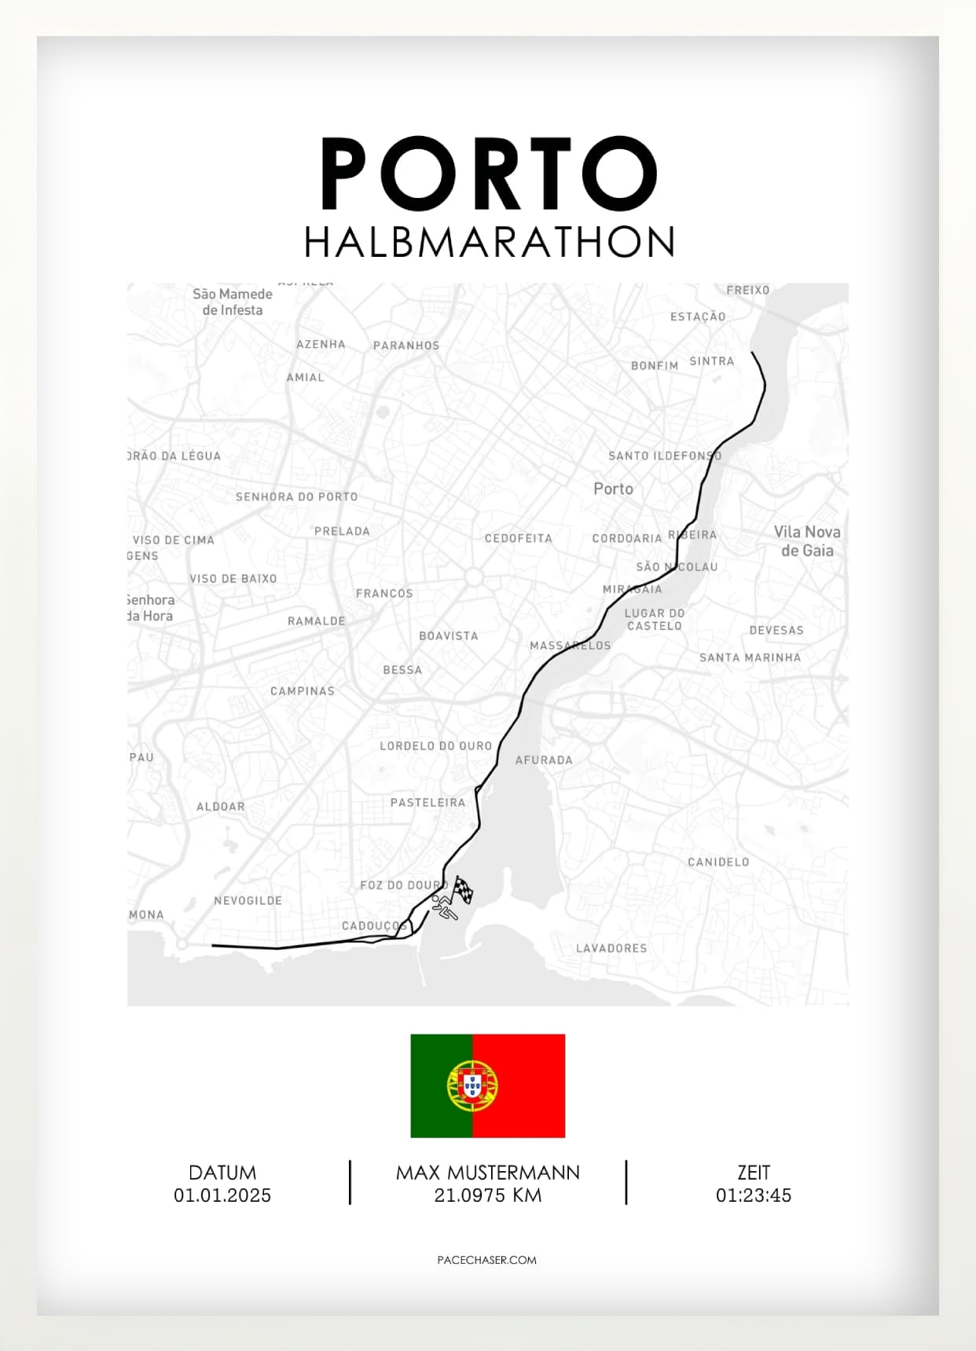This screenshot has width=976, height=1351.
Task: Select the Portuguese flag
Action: click(x=487, y=1086)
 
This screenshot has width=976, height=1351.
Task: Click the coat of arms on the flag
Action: click(x=472, y=1086)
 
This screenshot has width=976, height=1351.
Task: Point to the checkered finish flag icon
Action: click(x=463, y=890)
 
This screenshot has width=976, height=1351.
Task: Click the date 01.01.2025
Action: click(x=222, y=1195)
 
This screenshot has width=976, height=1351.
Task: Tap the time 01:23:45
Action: click(x=753, y=1195)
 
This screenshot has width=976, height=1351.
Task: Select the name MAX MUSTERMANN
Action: click(x=487, y=1173)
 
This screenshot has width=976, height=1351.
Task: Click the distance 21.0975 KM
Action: click(x=487, y=1195)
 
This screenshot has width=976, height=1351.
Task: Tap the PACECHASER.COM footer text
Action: click(x=487, y=1260)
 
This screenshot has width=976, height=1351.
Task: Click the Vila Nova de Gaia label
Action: click(x=807, y=541)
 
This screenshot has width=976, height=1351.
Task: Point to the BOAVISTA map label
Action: click(x=448, y=636)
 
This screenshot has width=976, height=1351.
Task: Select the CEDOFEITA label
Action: click(x=518, y=539)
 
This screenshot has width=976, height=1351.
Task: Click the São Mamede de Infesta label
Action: click(x=233, y=302)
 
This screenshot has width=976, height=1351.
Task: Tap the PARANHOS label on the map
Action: click(x=406, y=346)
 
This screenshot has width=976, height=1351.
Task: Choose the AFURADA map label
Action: click(x=544, y=760)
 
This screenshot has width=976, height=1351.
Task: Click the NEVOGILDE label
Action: click(x=248, y=901)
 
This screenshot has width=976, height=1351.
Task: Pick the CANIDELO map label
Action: click(x=718, y=862)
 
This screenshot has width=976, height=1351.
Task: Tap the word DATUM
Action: click(x=222, y=1173)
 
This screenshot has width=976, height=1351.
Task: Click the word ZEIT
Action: click(x=753, y=1173)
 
